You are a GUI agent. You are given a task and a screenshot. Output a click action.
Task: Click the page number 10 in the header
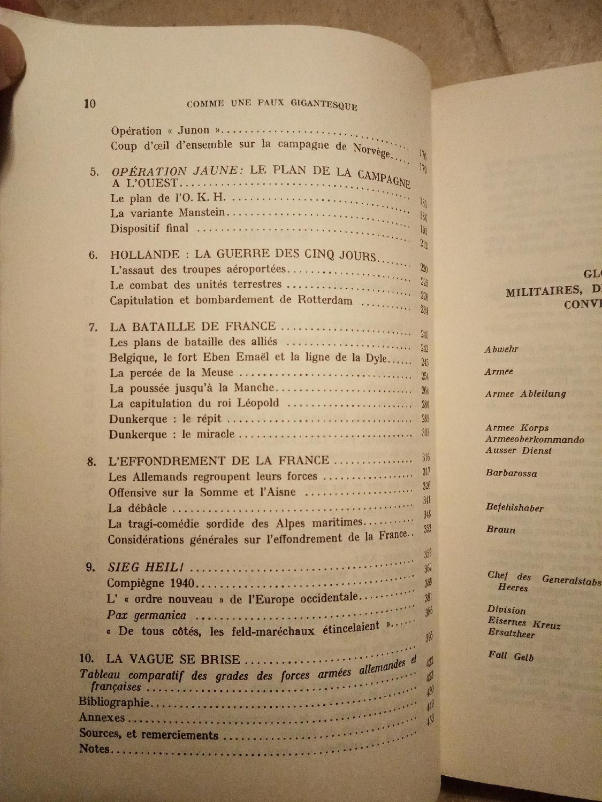pos(89,103)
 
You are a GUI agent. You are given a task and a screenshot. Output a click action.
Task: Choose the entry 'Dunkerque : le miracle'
pos(172,434)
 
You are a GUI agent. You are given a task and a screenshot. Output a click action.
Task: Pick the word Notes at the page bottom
pos(94,749)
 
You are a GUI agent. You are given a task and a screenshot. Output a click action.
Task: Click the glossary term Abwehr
pos(501,350)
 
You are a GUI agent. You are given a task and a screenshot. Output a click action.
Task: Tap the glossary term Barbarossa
pos(511,473)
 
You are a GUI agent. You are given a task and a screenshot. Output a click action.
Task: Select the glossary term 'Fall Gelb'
pos(510,656)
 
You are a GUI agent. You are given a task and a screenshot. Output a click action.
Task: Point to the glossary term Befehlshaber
pos(514,507)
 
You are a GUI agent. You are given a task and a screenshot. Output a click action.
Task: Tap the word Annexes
pos(102,718)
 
